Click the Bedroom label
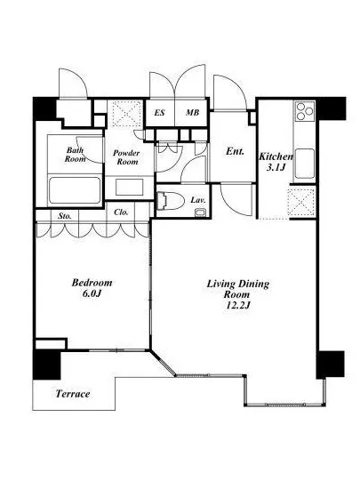[92, 283]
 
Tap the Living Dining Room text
[238, 289]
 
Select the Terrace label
[73, 394]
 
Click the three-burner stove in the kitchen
[304, 111]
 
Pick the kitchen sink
[305, 164]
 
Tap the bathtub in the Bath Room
[75, 191]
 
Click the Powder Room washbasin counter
[130, 188]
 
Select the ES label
[159, 112]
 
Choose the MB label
[192, 112]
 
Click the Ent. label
[235, 151]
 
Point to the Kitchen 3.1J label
[276, 162]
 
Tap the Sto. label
[65, 215]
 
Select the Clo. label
[121, 212]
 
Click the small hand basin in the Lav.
[199, 212]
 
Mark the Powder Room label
[126, 157]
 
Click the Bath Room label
[76, 155]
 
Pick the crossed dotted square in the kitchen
[301, 203]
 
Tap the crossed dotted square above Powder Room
[126, 114]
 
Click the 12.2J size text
[237, 305]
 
